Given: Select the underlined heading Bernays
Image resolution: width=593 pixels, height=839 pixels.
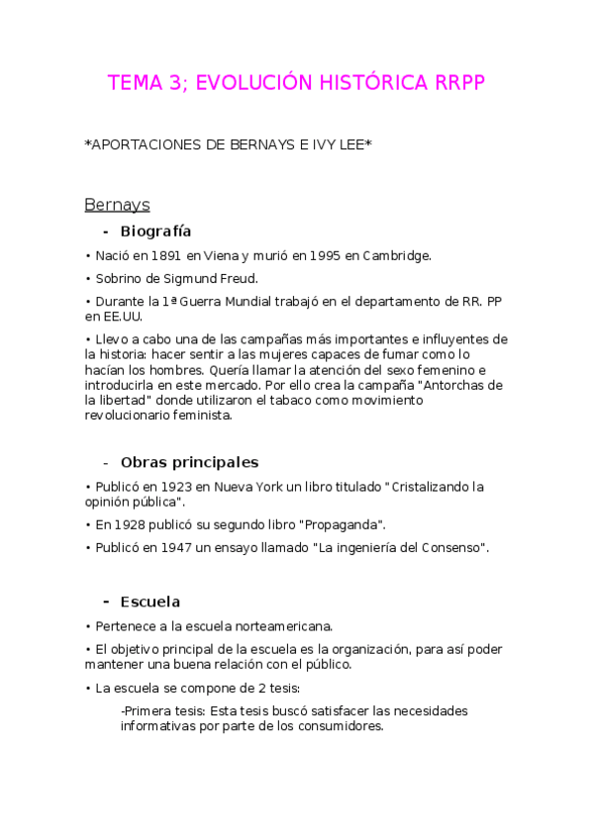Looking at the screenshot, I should (x=117, y=205).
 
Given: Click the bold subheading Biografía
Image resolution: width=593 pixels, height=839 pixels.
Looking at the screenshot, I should (x=155, y=232).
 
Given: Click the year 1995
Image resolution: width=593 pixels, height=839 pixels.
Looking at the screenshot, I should (x=325, y=255).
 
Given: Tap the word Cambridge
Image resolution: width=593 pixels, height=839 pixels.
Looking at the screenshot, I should (x=395, y=255).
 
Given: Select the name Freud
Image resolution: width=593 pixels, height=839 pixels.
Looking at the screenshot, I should (x=238, y=278).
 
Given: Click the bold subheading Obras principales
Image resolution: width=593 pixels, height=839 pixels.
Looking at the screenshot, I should (x=189, y=462).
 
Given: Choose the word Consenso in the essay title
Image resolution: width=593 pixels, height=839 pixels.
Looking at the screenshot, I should (x=450, y=547).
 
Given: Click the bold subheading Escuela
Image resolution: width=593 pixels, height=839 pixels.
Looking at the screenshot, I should (x=149, y=602).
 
